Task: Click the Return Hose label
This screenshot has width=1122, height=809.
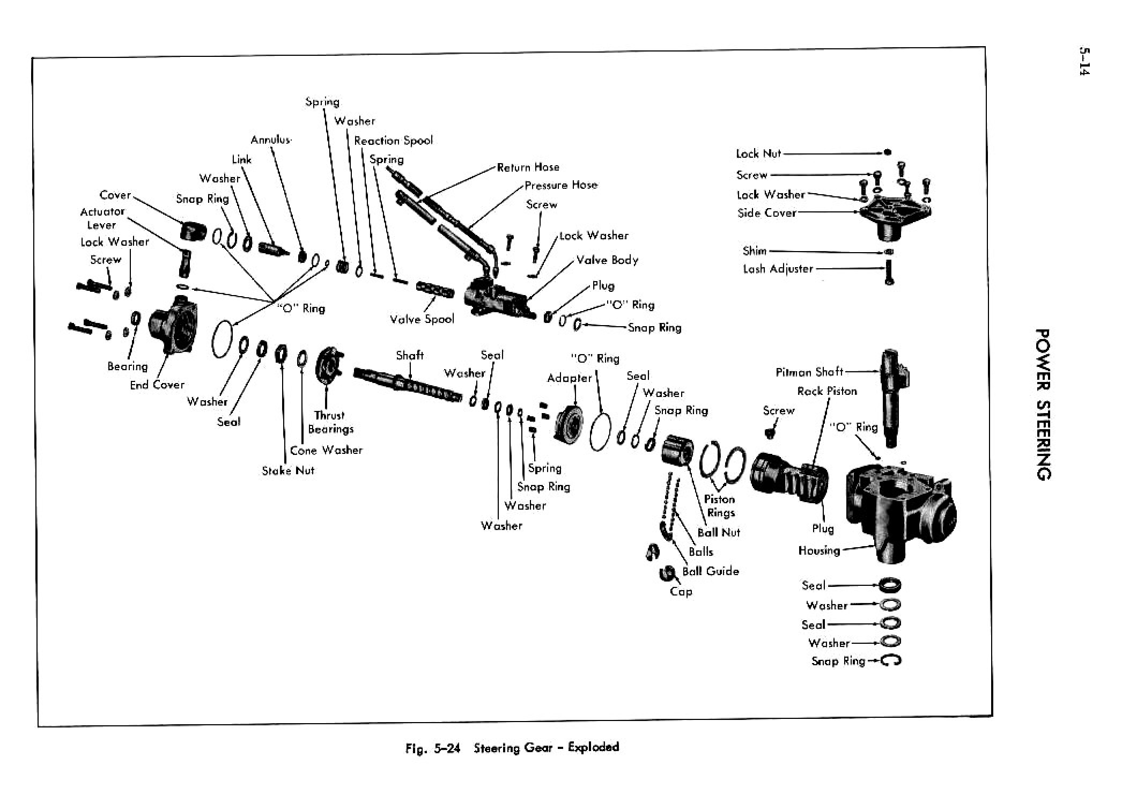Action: click(x=528, y=167)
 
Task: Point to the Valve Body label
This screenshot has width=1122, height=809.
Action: click(x=607, y=260)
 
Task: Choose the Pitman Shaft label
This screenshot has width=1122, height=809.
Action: click(x=809, y=372)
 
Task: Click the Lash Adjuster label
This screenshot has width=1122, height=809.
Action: click(x=778, y=269)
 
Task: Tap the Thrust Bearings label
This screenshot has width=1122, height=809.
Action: click(x=330, y=422)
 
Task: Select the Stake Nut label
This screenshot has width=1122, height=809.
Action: click(x=288, y=470)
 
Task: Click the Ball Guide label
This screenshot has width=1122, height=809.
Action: click(x=710, y=571)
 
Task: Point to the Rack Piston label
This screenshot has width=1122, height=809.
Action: click(x=826, y=391)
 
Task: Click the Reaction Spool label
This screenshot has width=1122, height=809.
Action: click(x=393, y=141)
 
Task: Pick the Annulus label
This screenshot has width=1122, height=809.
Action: click(x=271, y=140)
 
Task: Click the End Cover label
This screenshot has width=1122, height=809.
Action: click(x=157, y=385)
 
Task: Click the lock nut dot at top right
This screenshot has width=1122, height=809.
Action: click(x=888, y=153)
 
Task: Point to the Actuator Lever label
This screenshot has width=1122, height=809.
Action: click(x=102, y=218)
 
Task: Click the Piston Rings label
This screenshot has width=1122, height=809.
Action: click(x=720, y=506)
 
